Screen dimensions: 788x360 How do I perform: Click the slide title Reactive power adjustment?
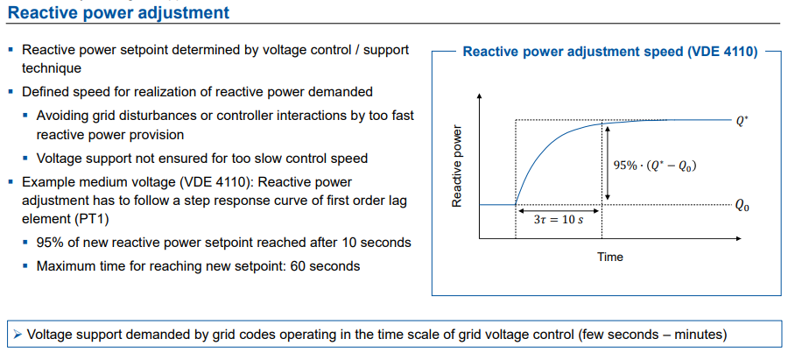tap(118, 12)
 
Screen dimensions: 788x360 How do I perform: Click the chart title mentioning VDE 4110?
tap(610, 51)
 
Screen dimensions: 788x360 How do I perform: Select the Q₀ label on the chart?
tap(742, 206)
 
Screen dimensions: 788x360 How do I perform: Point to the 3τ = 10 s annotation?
tap(559, 220)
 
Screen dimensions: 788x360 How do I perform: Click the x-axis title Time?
tap(610, 257)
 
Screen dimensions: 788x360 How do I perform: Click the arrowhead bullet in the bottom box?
tap(18, 334)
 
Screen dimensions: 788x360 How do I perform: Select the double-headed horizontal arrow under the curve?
tap(559, 209)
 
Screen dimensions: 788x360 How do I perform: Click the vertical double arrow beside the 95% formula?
tap(603, 165)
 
